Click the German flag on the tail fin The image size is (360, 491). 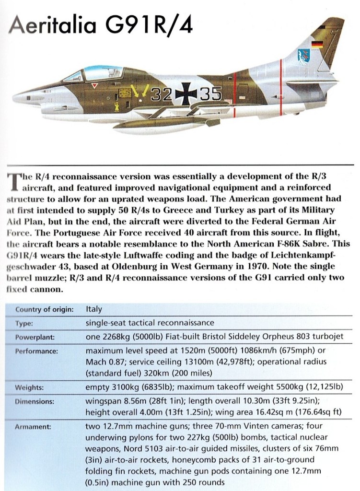[317, 45]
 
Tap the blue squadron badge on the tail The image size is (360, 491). [303, 56]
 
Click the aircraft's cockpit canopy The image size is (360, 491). [96, 73]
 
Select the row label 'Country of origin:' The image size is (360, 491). [44, 309]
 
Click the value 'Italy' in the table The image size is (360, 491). [93, 309]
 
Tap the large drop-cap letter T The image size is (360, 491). [13, 180]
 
